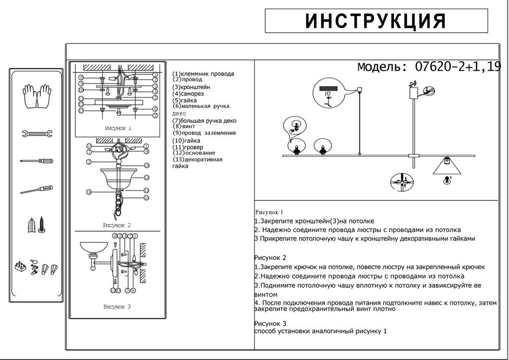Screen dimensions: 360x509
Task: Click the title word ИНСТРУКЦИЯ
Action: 376,21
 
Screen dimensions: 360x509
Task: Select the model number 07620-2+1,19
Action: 458,67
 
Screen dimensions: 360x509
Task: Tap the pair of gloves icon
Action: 37,95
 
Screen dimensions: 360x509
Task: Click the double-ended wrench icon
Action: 37,134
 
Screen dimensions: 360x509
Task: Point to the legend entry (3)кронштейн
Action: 191,87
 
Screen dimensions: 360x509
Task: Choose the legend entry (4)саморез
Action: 189,94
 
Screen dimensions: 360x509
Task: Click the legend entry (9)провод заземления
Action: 204,133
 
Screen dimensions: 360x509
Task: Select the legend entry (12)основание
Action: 194,153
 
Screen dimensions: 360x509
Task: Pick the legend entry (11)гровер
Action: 188,147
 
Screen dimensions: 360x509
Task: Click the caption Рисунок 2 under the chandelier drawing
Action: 117,225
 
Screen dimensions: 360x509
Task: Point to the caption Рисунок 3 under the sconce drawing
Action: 117,307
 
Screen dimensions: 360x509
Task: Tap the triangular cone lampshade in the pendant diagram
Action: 446,165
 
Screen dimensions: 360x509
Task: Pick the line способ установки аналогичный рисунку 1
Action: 320,331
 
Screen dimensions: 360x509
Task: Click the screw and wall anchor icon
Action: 37,225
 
